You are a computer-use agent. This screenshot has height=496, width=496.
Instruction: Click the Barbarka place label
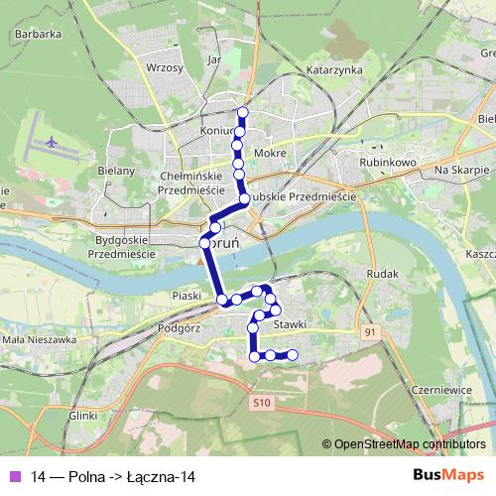[39, 33]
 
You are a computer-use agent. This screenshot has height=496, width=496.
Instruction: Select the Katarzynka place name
[334, 71]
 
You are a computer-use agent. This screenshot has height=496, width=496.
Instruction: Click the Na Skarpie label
[458, 171]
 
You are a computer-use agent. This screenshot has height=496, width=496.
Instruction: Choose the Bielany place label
[116, 171]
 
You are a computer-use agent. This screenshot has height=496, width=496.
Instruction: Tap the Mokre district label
[271, 154]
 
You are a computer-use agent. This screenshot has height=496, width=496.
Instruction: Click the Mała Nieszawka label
[40, 339]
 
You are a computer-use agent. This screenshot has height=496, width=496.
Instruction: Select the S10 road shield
[261, 403]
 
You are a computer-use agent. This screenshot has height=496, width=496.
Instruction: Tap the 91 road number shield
[370, 331]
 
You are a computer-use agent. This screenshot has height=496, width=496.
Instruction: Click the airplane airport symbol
[50, 140]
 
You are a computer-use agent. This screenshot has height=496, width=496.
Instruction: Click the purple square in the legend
[14, 477]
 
